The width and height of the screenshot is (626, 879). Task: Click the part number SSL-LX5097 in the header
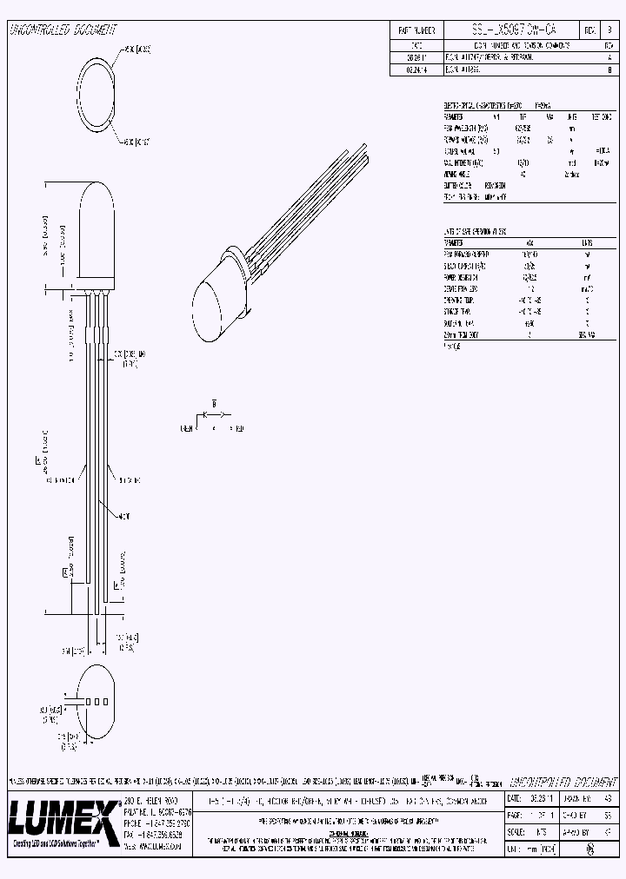[509, 30]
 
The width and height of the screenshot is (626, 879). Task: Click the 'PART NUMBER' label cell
[416, 30]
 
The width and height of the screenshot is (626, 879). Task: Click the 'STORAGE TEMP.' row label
[458, 310]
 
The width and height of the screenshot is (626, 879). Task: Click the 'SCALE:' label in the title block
[518, 831]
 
